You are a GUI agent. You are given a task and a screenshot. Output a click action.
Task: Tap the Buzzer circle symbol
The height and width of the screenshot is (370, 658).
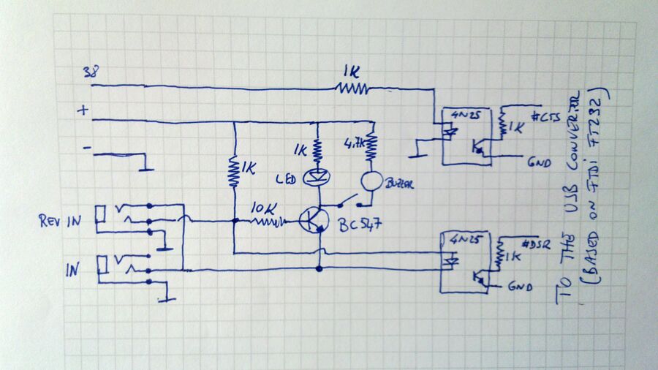370,181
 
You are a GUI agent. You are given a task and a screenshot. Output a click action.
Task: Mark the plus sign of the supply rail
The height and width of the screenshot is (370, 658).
83,110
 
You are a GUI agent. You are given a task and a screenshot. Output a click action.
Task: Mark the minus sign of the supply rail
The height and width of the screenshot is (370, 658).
87,148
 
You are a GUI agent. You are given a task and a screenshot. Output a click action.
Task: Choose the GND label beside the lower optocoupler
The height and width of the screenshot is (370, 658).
519,288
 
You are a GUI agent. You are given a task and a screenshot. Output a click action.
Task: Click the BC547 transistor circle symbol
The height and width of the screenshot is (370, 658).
315,219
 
